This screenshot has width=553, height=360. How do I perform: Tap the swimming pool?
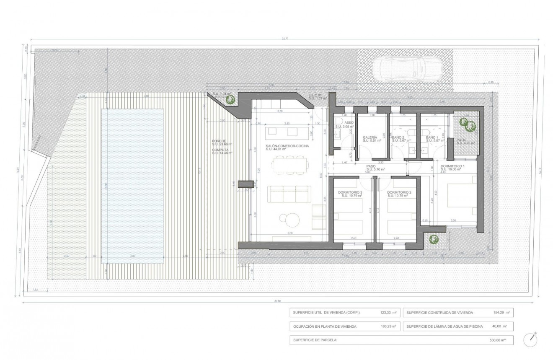132,186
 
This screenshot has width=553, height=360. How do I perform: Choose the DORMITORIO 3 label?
351,193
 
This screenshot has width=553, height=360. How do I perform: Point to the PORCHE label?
219,141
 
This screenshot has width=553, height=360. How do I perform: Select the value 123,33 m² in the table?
387,313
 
